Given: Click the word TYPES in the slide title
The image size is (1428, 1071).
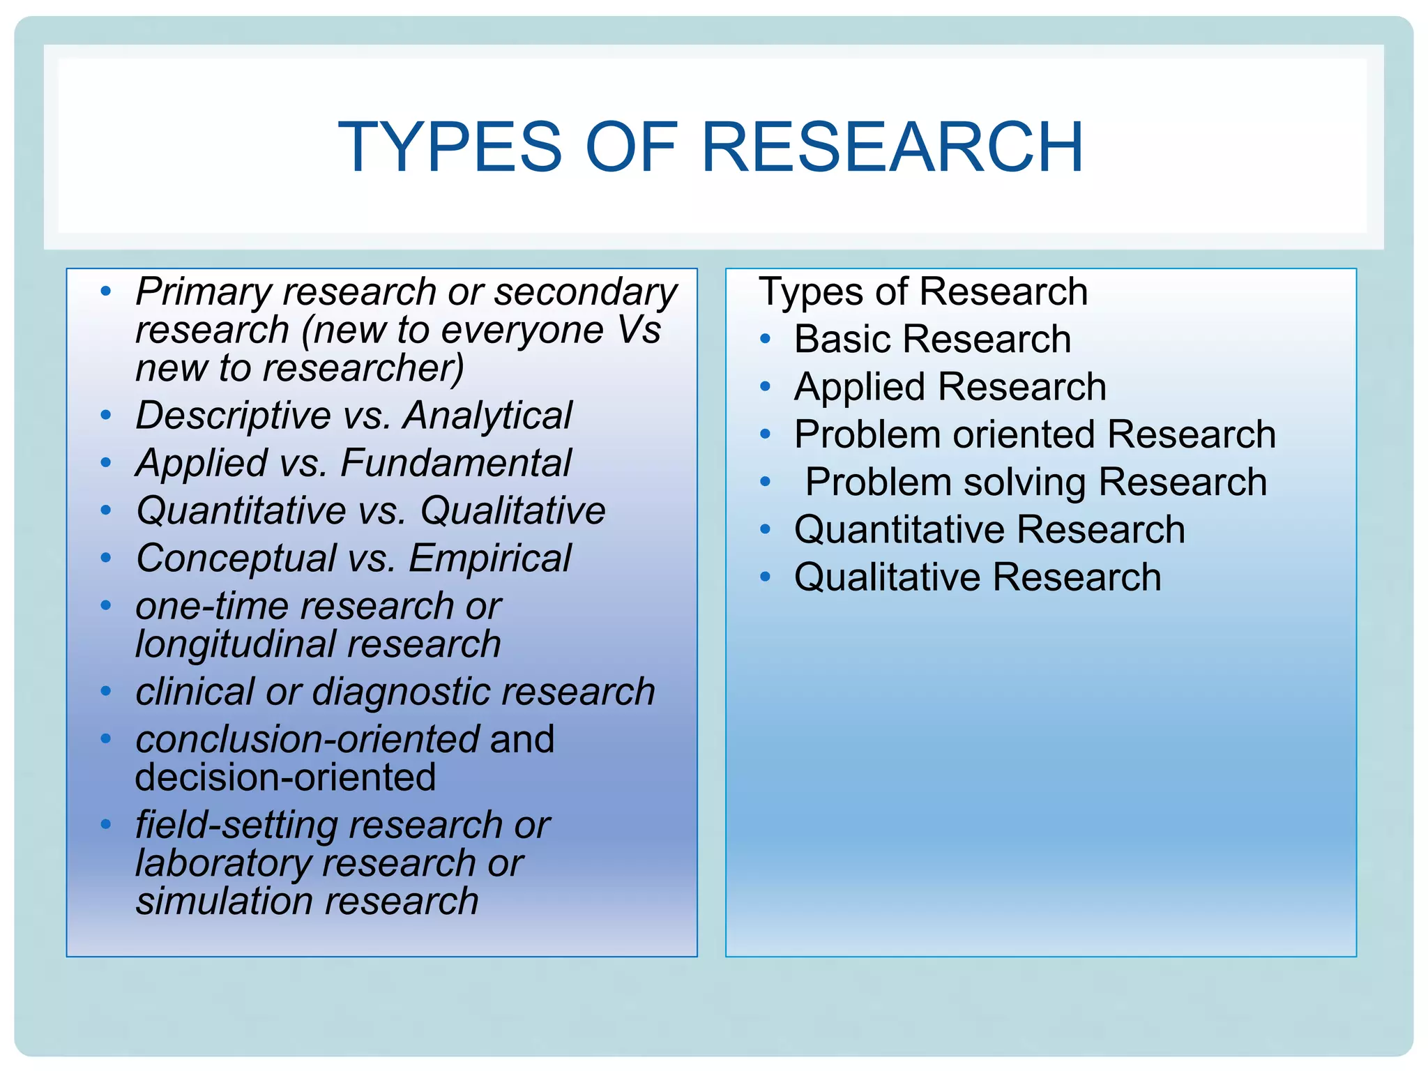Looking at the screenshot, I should click(x=450, y=147).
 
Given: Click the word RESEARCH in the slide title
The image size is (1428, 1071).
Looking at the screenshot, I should click(x=892, y=147).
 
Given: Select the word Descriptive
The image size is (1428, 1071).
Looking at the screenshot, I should click(x=233, y=416).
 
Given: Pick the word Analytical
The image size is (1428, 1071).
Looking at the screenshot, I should click(x=487, y=416).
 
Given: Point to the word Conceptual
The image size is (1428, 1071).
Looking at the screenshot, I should click(x=236, y=559).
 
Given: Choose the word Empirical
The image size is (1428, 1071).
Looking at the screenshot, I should click(x=489, y=559).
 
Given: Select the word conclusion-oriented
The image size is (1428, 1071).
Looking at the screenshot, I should click(x=307, y=739).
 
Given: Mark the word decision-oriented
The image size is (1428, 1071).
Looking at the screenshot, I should click(x=285, y=777).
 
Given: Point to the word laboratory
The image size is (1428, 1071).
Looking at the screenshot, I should click(x=223, y=863).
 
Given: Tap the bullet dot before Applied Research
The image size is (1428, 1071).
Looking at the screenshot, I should click(x=766, y=387).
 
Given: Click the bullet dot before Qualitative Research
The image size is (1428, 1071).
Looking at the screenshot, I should click(x=766, y=577).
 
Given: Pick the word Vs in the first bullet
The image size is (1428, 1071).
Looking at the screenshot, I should click(x=639, y=330).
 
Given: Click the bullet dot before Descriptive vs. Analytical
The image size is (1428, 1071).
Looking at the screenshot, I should click(x=106, y=416).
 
